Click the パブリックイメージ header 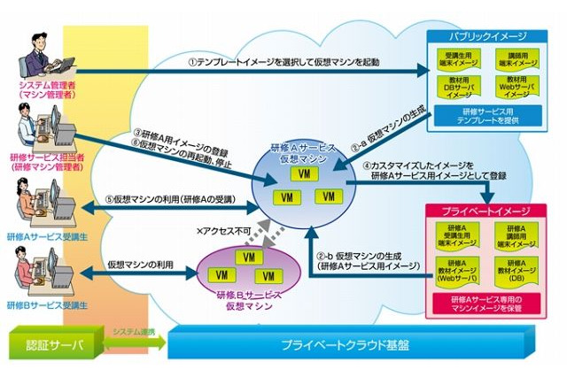point(490,36)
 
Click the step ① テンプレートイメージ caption point(283,64)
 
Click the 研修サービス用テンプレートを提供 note point(490,116)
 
